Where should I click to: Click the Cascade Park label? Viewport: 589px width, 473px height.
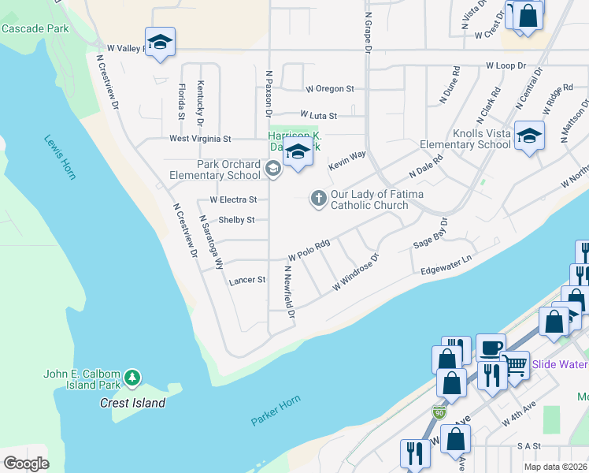(35, 29)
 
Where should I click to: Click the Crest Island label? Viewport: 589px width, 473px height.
(133, 403)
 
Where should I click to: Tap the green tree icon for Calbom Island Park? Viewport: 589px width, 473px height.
(132, 379)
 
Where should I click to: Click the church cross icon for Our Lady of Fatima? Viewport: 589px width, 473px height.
(319, 198)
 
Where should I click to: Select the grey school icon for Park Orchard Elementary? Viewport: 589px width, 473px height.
(272, 167)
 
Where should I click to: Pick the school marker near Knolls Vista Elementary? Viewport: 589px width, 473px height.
(529, 136)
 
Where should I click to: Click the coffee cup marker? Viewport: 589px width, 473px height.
(491, 348)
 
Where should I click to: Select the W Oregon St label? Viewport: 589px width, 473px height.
(330, 89)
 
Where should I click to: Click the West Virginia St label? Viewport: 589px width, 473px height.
(200, 139)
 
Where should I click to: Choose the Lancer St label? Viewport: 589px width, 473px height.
(246, 281)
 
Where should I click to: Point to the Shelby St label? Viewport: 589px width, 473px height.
(236, 220)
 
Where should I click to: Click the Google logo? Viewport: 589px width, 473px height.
(26, 464)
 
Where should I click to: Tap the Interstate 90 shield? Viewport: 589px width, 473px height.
(439, 412)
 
